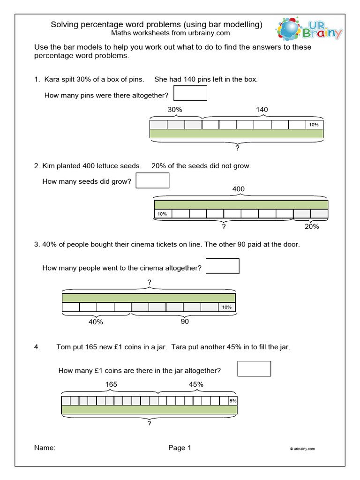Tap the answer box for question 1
pos(190,93)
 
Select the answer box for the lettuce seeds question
pos(152,180)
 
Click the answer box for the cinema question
pos(223,266)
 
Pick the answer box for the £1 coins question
pos(254,368)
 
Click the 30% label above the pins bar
pos(175,110)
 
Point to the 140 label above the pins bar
pos(262,110)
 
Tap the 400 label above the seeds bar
pos(238,189)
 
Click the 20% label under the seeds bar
pos(311,226)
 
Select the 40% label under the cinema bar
pos(95,322)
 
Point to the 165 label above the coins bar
pos(111,384)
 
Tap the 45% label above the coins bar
pos(196,384)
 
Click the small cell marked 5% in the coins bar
pos(232,401)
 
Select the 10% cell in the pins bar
pos(314,125)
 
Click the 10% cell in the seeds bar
pos(162,214)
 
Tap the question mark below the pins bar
pos(238,148)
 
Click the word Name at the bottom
pos(45,448)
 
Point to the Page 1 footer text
pos(180,448)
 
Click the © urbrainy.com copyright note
pos(302,449)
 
